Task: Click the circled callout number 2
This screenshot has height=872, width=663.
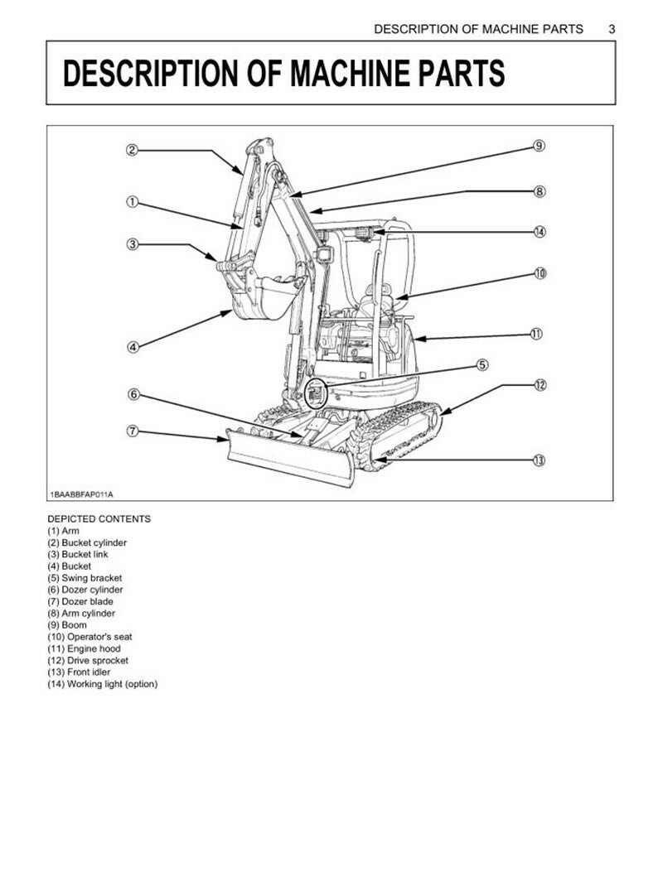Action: tap(132, 150)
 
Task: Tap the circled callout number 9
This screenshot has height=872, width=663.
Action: tap(539, 147)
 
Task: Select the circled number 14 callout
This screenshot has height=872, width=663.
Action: tap(540, 232)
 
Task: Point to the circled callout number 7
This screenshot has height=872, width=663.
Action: tap(132, 431)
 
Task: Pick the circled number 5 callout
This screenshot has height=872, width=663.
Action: tap(482, 364)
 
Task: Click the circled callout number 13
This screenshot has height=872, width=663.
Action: tap(539, 460)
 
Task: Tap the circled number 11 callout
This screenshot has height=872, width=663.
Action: tap(536, 335)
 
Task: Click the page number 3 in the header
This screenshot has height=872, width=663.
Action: tap(612, 29)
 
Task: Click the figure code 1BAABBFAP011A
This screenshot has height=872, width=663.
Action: tap(80, 494)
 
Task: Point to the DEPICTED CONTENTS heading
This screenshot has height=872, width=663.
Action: tap(99, 519)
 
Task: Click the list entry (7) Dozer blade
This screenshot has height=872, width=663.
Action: tap(80, 601)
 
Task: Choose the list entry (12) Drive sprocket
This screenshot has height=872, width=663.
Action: tap(88, 661)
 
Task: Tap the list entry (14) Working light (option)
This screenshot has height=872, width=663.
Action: tap(102, 684)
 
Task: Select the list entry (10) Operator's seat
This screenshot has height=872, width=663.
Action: tap(90, 637)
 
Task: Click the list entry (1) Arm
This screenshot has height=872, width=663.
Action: tap(64, 531)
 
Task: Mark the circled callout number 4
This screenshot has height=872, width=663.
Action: tap(132, 347)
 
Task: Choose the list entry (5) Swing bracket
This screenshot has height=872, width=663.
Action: tap(85, 578)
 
